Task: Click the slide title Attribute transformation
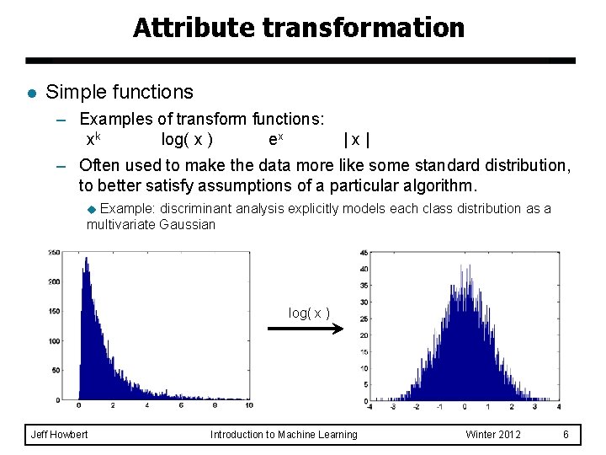pos(299,28)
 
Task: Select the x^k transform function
pos(94,138)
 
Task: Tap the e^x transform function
pos(275,138)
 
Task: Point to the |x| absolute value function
pos(357,139)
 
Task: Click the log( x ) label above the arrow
pos(309,313)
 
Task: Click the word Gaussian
pos(190,225)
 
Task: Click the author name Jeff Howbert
pos(59,435)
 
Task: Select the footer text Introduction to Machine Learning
pos(284,435)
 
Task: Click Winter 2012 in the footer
pos(493,435)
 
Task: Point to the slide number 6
pos(566,435)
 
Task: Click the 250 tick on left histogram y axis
pos(54,251)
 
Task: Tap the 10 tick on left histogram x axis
pos(248,406)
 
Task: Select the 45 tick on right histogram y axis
pos(363,252)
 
